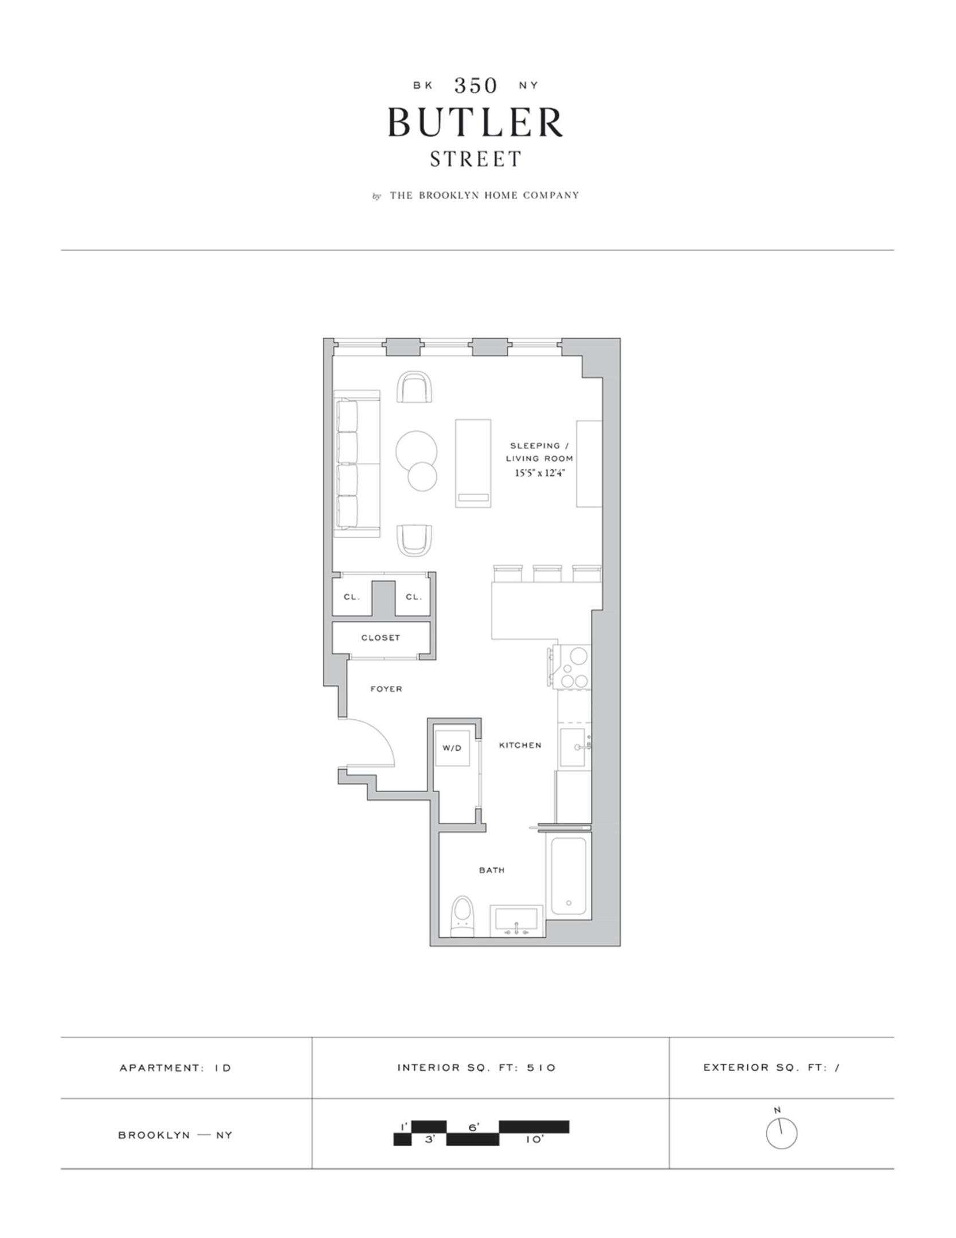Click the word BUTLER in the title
tap(475, 122)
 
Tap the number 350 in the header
tap(475, 85)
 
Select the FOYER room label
tap(386, 689)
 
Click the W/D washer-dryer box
tap(452, 748)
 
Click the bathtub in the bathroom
tap(569, 877)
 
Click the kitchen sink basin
tap(574, 747)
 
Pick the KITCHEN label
tap(520, 745)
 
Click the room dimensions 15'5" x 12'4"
tap(540, 473)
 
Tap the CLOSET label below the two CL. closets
tap(381, 637)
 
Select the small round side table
tap(422, 476)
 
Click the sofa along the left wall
tap(356, 464)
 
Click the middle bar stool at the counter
tap(547, 573)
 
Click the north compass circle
tap(781, 1133)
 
